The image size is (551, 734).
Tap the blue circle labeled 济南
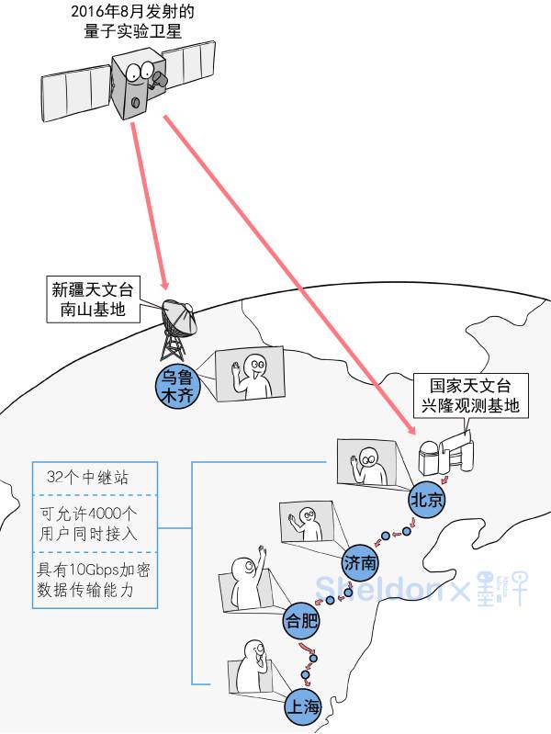[360, 560]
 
